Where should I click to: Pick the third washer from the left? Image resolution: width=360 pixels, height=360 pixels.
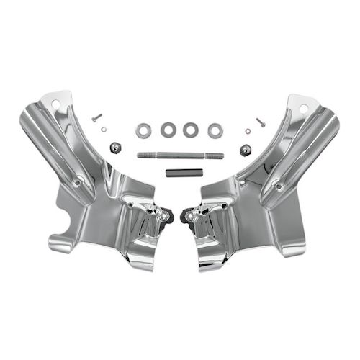(x=191, y=130)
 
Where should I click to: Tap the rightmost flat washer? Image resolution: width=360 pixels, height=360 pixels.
(x=215, y=131)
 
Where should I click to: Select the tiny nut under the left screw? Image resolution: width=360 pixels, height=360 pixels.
(x=104, y=130)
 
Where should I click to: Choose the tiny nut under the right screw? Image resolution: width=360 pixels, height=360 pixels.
(x=248, y=131)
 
